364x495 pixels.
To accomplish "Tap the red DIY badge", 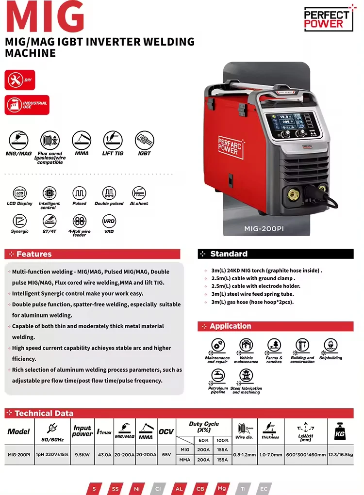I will tap(20, 80).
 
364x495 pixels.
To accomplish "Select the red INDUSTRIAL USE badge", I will tap(27, 105).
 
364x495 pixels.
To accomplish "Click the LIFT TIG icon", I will tap(113, 140).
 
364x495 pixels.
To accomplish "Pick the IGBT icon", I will tap(144, 140).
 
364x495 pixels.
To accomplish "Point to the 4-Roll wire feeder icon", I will tap(79, 221).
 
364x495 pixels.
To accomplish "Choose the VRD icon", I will tap(109, 221).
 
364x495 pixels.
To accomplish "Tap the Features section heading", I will tap(34, 254).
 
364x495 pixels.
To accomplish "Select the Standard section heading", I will tap(229, 254).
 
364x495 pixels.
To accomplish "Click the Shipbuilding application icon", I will tap(331, 346).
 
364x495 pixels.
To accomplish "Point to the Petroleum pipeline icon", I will tap(218, 376).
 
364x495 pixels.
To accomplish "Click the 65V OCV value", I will tap(166, 455).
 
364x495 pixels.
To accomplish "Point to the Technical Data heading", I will tap(44, 414).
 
